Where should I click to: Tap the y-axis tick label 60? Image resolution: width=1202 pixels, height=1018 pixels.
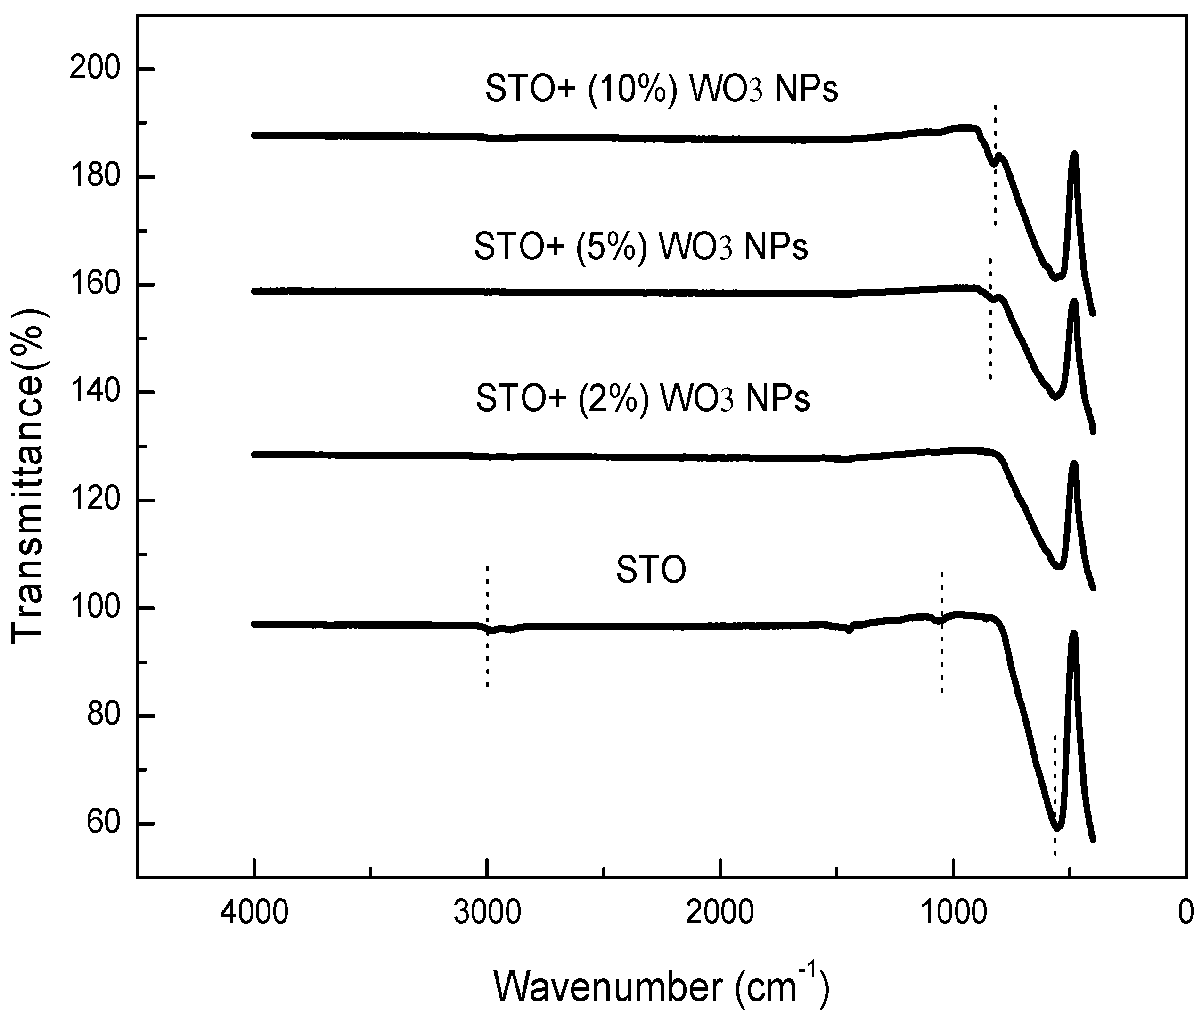(x=104, y=824)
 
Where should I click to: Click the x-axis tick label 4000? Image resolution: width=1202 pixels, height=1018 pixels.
(x=254, y=913)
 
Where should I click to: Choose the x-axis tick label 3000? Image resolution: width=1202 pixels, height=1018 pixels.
(x=487, y=913)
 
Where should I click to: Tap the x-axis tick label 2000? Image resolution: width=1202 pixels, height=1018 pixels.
(x=720, y=913)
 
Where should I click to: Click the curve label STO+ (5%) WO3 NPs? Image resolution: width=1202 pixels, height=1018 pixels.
(x=640, y=247)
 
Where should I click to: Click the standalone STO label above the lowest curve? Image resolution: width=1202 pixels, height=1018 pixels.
(x=651, y=570)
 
